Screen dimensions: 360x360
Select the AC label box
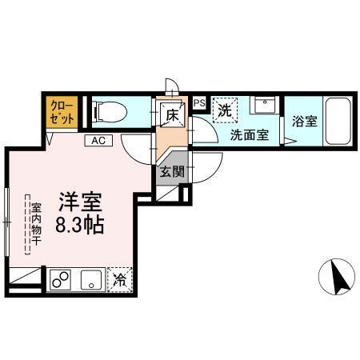98,141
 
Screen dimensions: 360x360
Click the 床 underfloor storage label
171,114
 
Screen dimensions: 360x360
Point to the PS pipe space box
198,102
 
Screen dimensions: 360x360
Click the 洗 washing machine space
224,110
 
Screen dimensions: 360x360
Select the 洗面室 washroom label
250,135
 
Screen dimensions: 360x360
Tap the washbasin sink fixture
264,106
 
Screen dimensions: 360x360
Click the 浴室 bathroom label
304,122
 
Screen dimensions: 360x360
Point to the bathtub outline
335,122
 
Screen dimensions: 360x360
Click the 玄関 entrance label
171,171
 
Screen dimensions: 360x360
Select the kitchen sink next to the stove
91,279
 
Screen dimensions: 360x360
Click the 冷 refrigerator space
119,280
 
